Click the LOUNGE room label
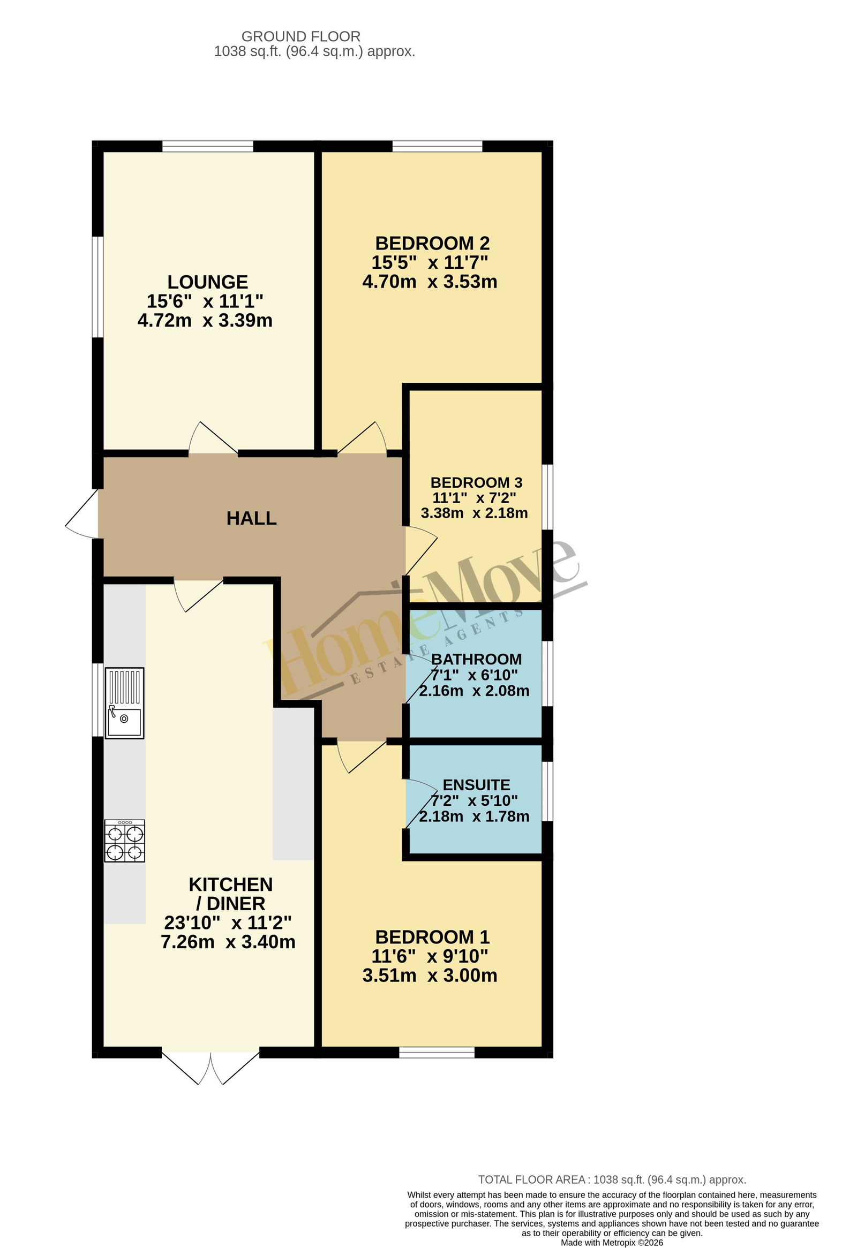click(x=207, y=282)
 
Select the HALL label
click(x=251, y=518)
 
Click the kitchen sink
click(x=124, y=703)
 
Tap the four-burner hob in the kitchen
click(x=124, y=841)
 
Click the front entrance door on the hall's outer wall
click(x=82, y=513)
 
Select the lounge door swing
click(x=213, y=438)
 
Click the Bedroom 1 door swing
click(x=362, y=757)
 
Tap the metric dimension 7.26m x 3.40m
click(x=228, y=941)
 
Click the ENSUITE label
click(x=476, y=785)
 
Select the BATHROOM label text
click(x=476, y=660)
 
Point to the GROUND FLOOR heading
click(x=301, y=36)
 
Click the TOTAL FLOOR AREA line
click(x=612, y=1180)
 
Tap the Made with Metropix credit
click(x=612, y=1243)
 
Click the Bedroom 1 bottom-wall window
click(x=437, y=1053)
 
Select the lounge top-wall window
click(x=207, y=146)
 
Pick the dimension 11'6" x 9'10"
click(x=430, y=956)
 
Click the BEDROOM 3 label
click(x=476, y=483)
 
